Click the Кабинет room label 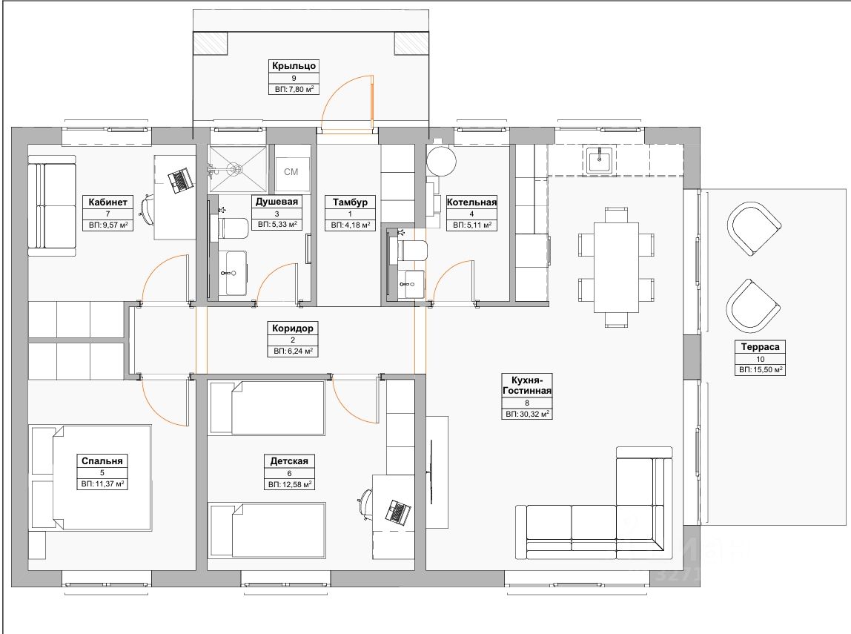110,202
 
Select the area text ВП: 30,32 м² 527,415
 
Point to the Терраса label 761,346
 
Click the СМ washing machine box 291,172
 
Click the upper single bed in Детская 267,409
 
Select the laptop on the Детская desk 400,511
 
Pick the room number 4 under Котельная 472,214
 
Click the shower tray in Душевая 236,169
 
